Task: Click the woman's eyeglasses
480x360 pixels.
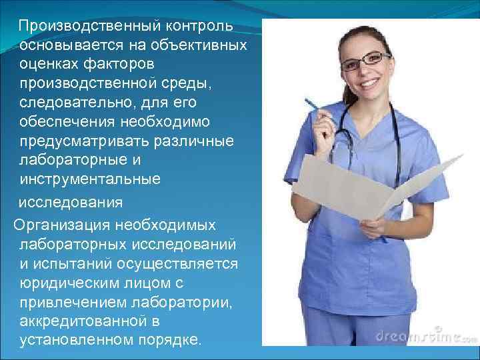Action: pos(365,60)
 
